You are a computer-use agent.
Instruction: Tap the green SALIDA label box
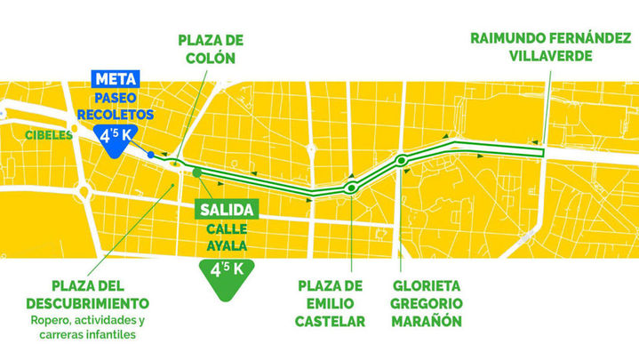coord(226,211)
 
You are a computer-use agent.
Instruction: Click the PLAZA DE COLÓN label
coord(211,50)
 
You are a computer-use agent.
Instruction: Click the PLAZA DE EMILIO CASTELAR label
coord(331,303)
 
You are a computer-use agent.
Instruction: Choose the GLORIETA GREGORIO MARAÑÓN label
coord(427,303)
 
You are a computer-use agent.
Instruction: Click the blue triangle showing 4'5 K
coord(116,140)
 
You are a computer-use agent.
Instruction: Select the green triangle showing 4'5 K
coord(226,268)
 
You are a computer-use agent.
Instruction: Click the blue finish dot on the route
coord(151,156)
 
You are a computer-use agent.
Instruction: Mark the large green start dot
coord(197,172)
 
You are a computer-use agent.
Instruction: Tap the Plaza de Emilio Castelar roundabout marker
coord(352,188)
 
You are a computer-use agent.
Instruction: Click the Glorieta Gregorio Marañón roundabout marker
coord(403,161)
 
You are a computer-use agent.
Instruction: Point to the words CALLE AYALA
coord(226,236)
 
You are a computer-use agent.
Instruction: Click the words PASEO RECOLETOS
coord(116,107)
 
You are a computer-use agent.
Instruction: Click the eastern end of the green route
coord(540,153)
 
